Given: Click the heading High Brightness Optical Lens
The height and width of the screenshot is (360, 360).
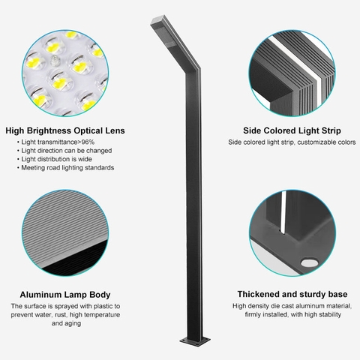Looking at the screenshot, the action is pos(65,130).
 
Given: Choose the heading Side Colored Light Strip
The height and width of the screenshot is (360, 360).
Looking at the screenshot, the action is pos(292,130).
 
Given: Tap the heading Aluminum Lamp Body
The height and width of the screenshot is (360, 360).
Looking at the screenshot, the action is pos(65,295).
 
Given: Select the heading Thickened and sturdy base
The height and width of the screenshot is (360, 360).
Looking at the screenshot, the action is pos(292,294).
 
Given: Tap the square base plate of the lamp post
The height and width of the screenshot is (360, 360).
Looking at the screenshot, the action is pos(195,341).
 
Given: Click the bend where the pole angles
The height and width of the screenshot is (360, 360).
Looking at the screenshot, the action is pos(193,70).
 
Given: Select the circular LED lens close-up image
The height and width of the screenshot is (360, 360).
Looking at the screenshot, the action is pos(65,73).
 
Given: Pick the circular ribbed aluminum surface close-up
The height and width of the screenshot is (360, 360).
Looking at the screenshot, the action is pos(65,233).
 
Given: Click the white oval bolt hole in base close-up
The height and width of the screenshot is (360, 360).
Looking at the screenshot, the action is pos(310,262).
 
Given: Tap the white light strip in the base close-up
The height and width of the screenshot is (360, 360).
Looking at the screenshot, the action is pos(283,213).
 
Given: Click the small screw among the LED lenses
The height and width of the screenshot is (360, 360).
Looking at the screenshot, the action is pos(55,61).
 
